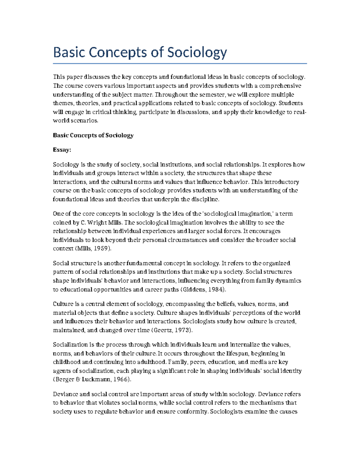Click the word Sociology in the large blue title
[x=197, y=53]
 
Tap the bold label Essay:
[x=62, y=150]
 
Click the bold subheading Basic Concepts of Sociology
[x=93, y=135]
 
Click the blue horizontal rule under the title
[x=180, y=64]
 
